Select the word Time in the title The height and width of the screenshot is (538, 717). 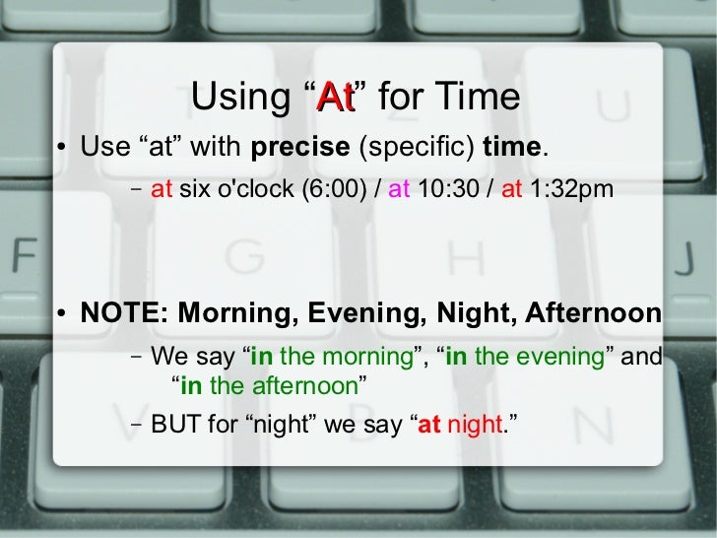click(478, 97)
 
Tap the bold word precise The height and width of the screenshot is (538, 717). click(300, 149)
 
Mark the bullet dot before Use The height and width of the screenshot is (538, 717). click(62, 151)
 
